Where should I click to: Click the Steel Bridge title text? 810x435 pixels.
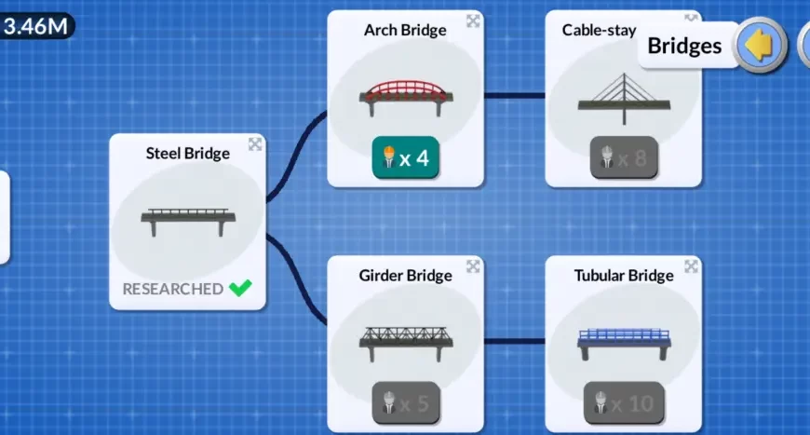[187, 153]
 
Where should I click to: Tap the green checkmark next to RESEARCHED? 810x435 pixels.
[240, 288]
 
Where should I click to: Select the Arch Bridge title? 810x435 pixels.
[405, 30]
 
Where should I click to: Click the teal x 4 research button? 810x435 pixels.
[406, 157]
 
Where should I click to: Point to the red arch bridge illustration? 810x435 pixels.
[406, 94]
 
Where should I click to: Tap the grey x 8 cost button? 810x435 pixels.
[624, 157]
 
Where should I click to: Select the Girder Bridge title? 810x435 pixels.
[405, 276]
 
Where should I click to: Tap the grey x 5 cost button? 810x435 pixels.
[406, 402]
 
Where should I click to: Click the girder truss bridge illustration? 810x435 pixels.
[406, 340]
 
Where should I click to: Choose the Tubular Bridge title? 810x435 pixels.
[624, 276]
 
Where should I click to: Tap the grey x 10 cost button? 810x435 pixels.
[624, 402]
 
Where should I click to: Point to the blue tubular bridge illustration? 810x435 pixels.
[624, 341]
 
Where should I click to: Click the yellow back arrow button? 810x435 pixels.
[761, 45]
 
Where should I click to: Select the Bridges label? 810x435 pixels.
[684, 46]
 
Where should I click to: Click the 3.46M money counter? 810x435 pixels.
[35, 25]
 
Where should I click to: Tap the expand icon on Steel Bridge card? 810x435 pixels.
[255, 144]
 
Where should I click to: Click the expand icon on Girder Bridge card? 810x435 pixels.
[473, 267]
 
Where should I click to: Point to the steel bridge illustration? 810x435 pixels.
[187, 219]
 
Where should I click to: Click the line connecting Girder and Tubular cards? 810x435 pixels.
[514, 341]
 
